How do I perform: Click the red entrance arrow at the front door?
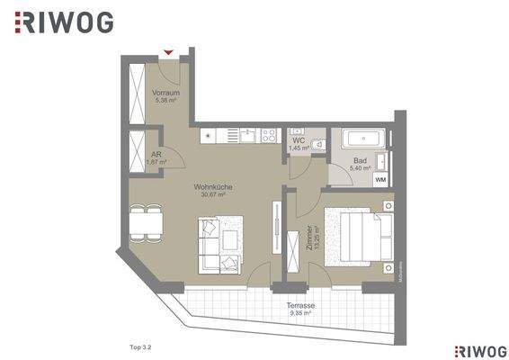(167, 53)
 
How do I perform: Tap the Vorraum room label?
(165, 93)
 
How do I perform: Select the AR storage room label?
(156, 154)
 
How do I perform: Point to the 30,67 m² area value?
(212, 194)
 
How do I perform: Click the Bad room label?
(360, 160)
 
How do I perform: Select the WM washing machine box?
(380, 179)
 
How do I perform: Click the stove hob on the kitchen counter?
(268, 136)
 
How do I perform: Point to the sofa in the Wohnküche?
(220, 244)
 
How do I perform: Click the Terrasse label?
(300, 305)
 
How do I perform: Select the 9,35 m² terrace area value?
(300, 313)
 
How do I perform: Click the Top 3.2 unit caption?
(130, 345)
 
